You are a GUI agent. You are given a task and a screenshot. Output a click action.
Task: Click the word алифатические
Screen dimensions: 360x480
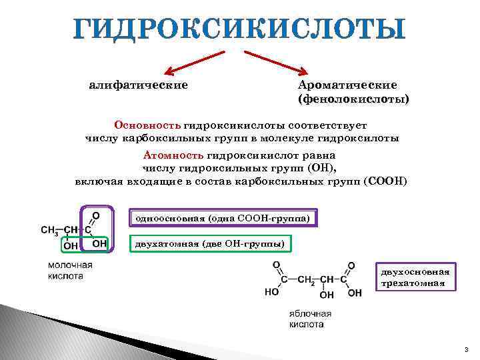tap(139, 85)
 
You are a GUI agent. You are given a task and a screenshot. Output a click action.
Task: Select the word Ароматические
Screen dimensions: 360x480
tap(347, 85)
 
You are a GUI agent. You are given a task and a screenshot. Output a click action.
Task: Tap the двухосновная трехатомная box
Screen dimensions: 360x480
tap(415, 277)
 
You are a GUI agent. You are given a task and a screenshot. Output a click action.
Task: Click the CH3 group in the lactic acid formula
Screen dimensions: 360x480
tap(50, 231)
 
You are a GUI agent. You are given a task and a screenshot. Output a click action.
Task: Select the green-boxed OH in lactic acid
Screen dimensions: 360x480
tap(71, 245)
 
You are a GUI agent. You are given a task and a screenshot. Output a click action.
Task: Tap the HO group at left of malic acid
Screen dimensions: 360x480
tap(272, 292)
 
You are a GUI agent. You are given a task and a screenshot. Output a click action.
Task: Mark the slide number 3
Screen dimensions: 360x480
tap(467, 349)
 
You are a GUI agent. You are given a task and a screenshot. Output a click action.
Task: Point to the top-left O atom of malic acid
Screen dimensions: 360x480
tap(275, 265)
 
